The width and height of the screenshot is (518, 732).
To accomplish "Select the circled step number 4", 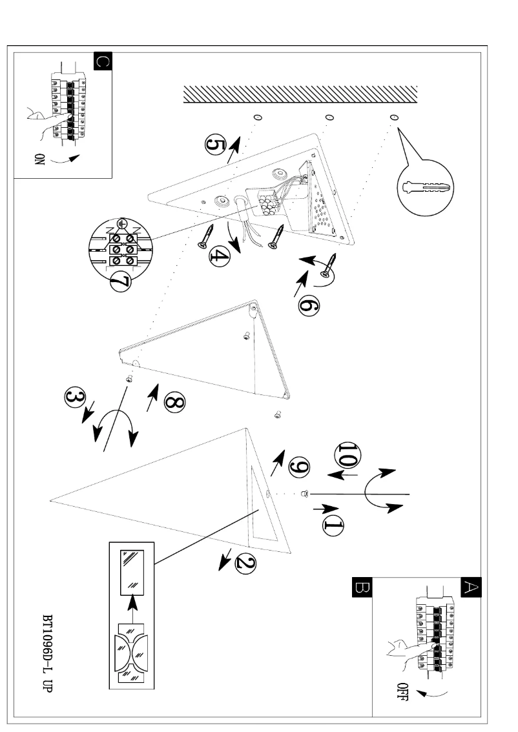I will point(219,257).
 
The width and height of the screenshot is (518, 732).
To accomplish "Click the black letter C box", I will point(103,62).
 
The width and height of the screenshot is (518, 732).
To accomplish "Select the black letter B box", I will point(360,586).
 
